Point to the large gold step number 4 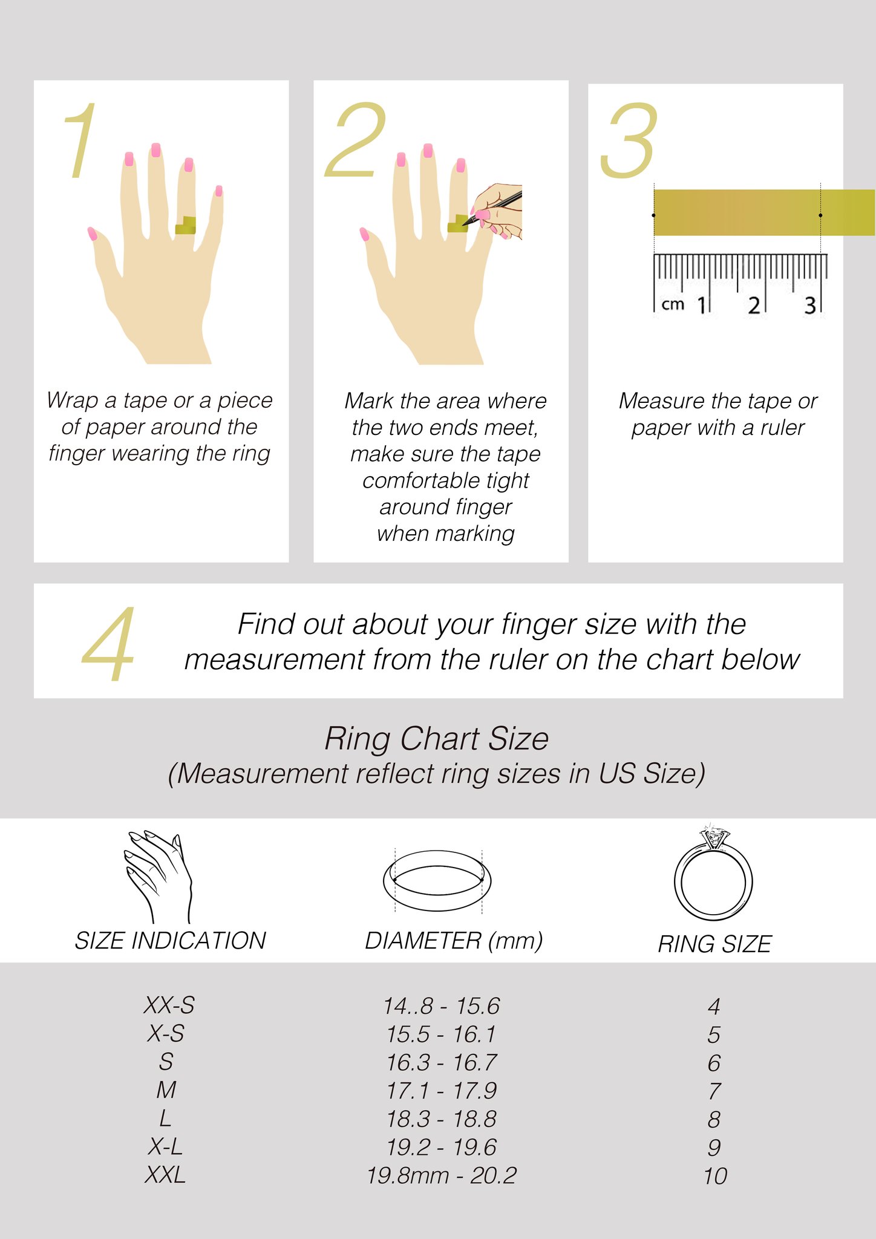(108, 644)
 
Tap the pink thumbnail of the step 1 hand (92, 234)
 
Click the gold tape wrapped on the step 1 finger (186, 226)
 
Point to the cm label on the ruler (673, 304)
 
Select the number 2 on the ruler (753, 306)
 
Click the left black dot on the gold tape (653, 215)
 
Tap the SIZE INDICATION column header (171, 941)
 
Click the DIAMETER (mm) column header (454, 941)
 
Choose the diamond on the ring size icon (714, 835)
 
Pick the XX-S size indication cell (169, 1005)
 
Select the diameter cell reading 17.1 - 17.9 (442, 1090)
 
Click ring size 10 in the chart (715, 1176)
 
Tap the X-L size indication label (166, 1146)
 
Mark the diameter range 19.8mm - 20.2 (442, 1175)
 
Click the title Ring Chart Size (437, 739)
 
